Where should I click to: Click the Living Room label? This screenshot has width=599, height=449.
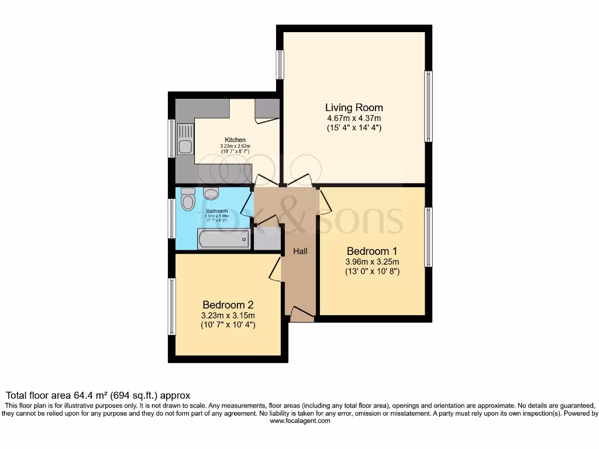tap(354, 108)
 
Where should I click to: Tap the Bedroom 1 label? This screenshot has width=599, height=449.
tap(372, 251)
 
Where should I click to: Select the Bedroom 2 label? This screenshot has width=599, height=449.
tap(228, 305)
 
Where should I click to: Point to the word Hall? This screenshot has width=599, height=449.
tap(300, 251)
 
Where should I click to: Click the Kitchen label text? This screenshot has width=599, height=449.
tap(235, 140)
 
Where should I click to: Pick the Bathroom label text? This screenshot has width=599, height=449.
tap(216, 211)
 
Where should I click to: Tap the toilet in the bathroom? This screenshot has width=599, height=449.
tap(188, 200)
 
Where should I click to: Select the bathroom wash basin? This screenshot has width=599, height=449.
tap(211, 194)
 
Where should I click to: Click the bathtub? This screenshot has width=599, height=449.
tap(223, 240)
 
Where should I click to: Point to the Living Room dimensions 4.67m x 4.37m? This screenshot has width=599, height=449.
tap(354, 118)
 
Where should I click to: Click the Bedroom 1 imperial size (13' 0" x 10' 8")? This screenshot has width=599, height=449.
tap(372, 271)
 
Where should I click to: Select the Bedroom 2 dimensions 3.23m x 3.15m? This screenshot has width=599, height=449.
tap(228, 315)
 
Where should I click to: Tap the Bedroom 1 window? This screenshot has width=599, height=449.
tap(429, 237)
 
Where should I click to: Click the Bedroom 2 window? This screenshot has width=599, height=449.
tap(172, 306)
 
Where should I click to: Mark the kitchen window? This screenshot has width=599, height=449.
tap(172, 139)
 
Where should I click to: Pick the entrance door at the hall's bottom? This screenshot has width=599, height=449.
tap(301, 314)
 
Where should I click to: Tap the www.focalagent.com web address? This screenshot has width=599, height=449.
tap(299, 420)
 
